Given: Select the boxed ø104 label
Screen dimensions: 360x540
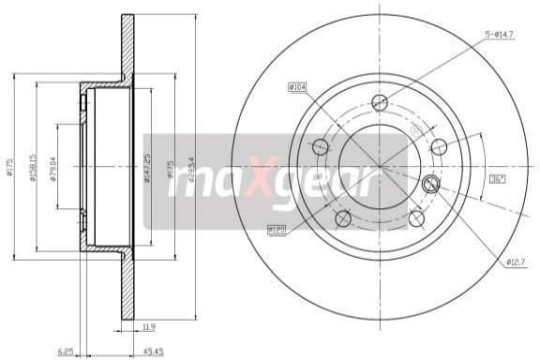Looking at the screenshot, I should (x=297, y=87).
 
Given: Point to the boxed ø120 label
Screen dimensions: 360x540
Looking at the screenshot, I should (x=276, y=228).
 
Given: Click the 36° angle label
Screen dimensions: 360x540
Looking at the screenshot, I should (x=498, y=178).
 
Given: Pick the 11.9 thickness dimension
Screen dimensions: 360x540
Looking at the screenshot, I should (x=149, y=328).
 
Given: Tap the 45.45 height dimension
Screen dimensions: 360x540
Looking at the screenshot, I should (x=144, y=352).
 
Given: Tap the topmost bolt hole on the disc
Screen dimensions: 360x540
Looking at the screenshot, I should (x=379, y=102).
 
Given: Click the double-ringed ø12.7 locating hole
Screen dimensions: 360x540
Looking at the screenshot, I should (x=431, y=184).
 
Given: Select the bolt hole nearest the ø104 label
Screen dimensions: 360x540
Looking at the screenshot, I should (x=320, y=146).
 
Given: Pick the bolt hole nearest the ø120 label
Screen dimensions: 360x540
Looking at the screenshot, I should (x=342, y=218).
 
